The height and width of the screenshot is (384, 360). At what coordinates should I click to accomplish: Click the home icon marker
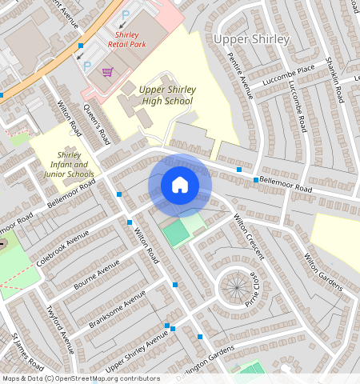click(x=180, y=185)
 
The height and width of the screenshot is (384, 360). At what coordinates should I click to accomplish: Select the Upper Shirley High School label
click(x=166, y=95)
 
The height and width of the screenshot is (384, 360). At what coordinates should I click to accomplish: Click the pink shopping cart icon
click(x=107, y=72)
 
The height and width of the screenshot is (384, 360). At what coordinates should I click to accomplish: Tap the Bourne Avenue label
click(x=98, y=274)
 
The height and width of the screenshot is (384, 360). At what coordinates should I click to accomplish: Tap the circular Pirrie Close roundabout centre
click(x=236, y=286)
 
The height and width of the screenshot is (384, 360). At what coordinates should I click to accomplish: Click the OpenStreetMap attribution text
click(x=81, y=378)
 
